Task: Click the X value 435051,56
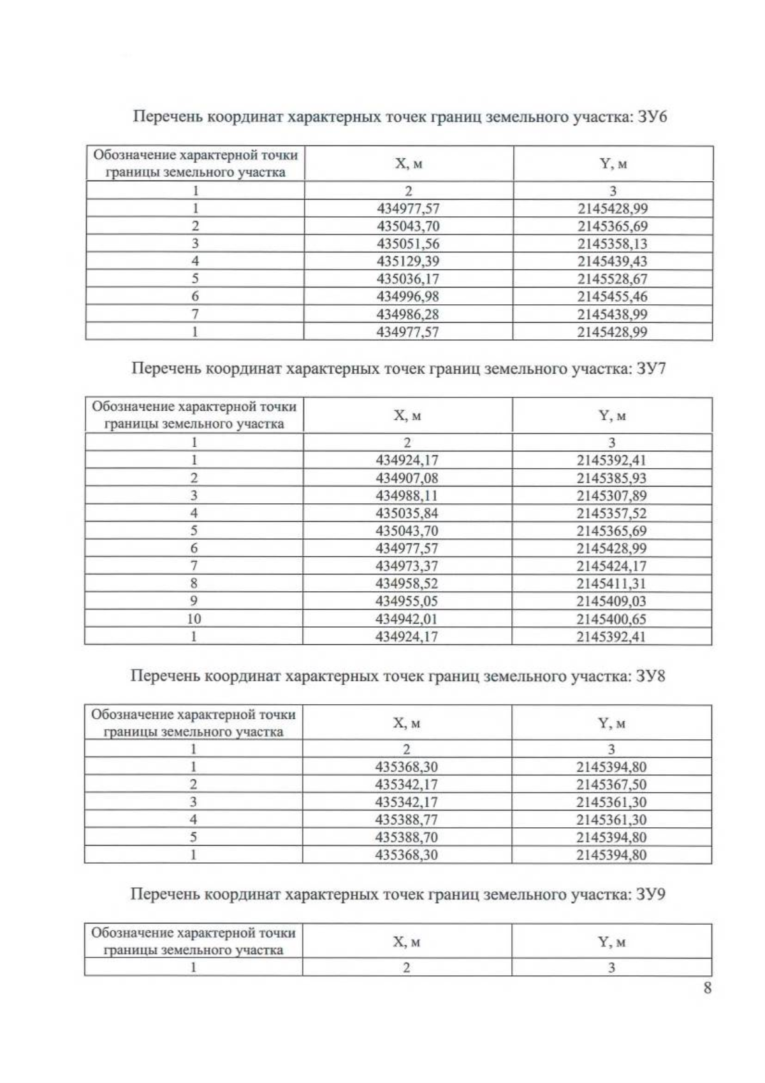click(x=408, y=244)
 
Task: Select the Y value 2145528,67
click(x=613, y=279)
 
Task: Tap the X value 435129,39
click(x=408, y=261)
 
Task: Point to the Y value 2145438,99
click(x=613, y=314)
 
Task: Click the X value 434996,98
click(x=408, y=297)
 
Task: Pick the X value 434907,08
click(x=407, y=478)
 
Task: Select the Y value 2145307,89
click(x=611, y=496)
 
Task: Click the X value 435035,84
click(x=407, y=513)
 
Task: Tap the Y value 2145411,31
click(x=611, y=584)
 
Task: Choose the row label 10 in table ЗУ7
click(x=194, y=619)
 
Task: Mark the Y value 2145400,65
click(x=611, y=619)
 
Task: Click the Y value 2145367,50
click(x=611, y=785)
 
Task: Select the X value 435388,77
click(x=407, y=820)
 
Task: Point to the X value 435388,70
click(x=407, y=837)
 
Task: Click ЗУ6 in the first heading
click(x=652, y=117)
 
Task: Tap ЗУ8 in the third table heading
click(x=651, y=676)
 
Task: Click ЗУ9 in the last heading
click(x=651, y=894)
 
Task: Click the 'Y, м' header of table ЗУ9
click(x=611, y=942)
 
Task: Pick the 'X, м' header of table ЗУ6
click(x=409, y=164)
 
